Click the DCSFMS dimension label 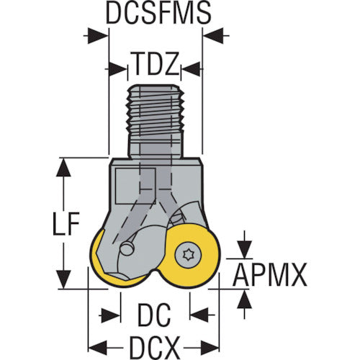click(158, 12)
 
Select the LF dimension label click(66, 223)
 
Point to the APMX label click(270, 274)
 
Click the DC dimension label click(154, 315)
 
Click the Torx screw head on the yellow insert click(188, 256)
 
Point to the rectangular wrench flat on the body click(135, 186)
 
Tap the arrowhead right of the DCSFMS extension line click(214, 36)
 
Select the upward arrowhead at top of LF click(63, 167)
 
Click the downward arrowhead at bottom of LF click(63, 279)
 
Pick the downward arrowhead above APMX click(244, 250)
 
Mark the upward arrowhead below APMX click(244, 299)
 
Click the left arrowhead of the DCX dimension click(98, 348)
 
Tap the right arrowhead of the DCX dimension click(210, 348)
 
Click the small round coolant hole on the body click(127, 249)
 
